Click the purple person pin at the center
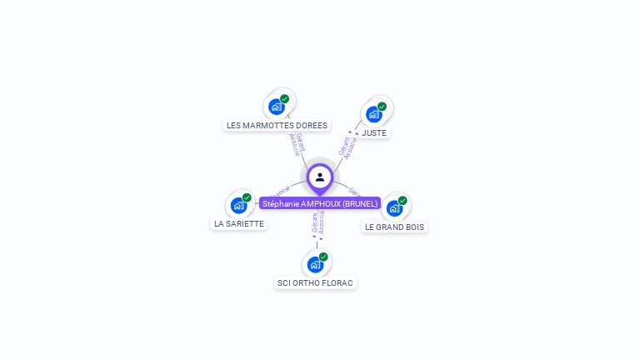(320, 177)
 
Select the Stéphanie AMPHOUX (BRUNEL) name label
(320, 203)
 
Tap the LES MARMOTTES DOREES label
(277, 126)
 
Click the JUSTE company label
(374, 132)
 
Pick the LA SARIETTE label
(239, 223)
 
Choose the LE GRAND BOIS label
(394, 227)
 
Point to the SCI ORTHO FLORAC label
(315, 282)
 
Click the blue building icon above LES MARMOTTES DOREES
(276, 107)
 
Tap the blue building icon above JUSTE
(373, 114)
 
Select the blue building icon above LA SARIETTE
(238, 205)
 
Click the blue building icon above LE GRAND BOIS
(394, 208)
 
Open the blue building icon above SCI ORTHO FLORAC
(314, 264)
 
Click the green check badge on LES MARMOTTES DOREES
(285, 98)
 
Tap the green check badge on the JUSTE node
(382, 106)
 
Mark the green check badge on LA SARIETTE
(247, 197)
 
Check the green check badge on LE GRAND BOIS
(402, 200)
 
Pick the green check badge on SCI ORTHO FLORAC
(323, 257)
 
